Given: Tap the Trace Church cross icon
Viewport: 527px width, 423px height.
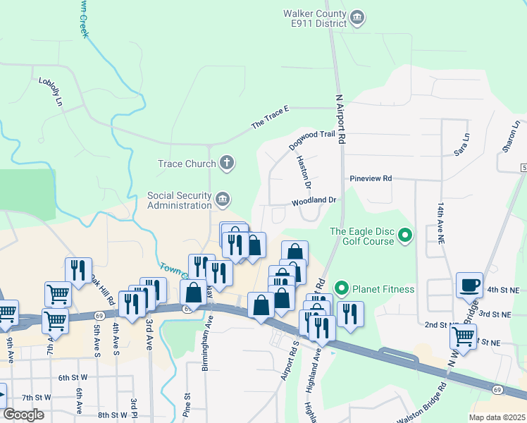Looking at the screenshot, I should point(226,164).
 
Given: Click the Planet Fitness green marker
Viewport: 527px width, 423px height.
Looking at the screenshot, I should point(342,288).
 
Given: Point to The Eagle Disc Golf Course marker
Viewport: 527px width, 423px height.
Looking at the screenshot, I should point(405,235).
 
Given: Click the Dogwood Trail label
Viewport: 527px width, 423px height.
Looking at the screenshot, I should point(311,139).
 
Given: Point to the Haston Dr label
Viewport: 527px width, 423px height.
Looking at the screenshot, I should point(304,173).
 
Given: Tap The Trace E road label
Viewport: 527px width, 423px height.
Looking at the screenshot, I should point(271,119).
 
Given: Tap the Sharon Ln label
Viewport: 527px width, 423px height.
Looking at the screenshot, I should point(511,134).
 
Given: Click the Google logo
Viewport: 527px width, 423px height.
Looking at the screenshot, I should point(23,415).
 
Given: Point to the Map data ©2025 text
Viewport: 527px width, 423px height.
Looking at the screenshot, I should point(496,417).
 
